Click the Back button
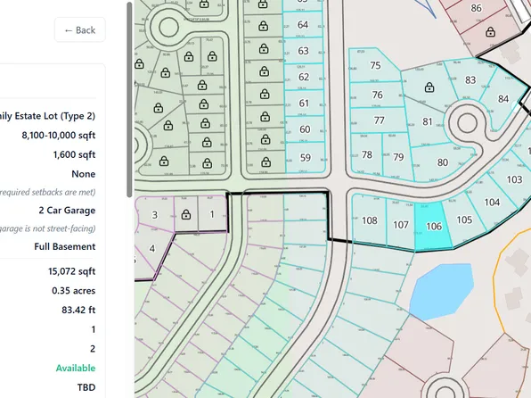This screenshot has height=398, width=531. pyautogui.click(x=79, y=29)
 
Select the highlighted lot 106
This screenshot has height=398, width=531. pyautogui.click(x=434, y=226)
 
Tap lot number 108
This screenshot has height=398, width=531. pyautogui.click(x=370, y=220)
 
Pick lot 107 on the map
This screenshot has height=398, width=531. pyautogui.click(x=401, y=224)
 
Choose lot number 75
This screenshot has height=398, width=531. pyautogui.click(x=375, y=65)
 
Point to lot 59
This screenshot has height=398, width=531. pyautogui.click(x=305, y=158)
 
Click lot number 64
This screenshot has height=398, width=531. pyautogui.click(x=303, y=24)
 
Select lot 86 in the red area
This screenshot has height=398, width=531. pyautogui.click(x=476, y=8)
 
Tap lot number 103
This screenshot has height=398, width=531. pyautogui.click(x=514, y=179)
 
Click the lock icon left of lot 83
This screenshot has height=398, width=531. pyautogui.click(x=429, y=87)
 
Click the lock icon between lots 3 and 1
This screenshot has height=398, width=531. pyautogui.click(x=185, y=215)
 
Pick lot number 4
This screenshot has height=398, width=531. pyautogui.click(x=152, y=248)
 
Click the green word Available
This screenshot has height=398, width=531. pyautogui.click(x=76, y=368)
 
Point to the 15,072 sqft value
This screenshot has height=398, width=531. pyautogui.click(x=72, y=270)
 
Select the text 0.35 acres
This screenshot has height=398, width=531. pyautogui.click(x=74, y=290)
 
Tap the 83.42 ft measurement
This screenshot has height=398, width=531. pyautogui.click(x=77, y=310)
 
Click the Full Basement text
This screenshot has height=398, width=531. pyautogui.click(x=65, y=246)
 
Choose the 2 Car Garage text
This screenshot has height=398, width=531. pyautogui.click(x=67, y=210)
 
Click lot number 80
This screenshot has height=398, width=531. pyautogui.click(x=443, y=162)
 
